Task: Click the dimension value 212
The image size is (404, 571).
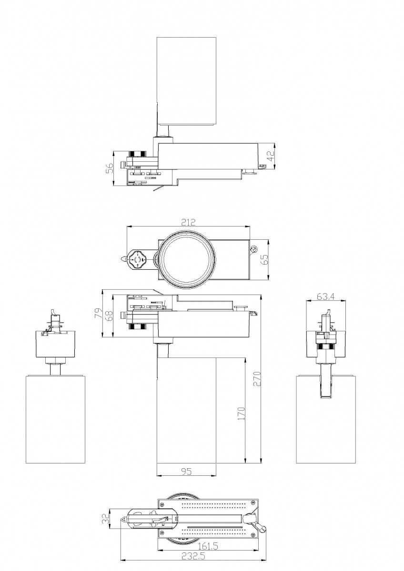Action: coord(188,222)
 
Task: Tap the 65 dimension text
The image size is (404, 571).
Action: coord(265,259)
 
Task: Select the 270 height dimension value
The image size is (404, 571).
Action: coord(257,379)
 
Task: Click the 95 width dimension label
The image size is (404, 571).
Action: coord(187,472)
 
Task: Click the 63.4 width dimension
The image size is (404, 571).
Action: coord(326,296)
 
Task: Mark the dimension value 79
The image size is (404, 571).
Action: coord(98,313)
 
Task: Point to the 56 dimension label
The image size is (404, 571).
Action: coord(109,168)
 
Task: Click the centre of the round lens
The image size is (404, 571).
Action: coord(186,259)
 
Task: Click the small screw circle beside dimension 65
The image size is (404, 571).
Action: coord(254,248)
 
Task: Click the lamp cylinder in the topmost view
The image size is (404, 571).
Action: coord(186,81)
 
